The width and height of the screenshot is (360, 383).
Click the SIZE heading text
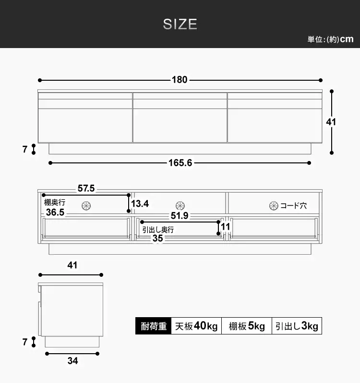[x=180, y=24]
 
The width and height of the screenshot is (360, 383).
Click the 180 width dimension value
[x=180, y=80]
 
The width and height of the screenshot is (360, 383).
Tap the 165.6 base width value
[x=180, y=163]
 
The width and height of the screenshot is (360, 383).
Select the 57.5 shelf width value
[x=86, y=188]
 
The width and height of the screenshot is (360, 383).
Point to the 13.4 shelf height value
[x=140, y=203]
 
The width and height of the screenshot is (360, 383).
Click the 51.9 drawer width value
[x=180, y=216]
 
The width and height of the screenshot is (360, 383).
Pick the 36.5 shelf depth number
[x=55, y=212]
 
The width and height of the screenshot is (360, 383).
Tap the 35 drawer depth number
[x=157, y=238]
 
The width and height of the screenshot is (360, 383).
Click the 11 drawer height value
[x=226, y=227]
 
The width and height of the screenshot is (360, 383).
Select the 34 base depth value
[x=72, y=361]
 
